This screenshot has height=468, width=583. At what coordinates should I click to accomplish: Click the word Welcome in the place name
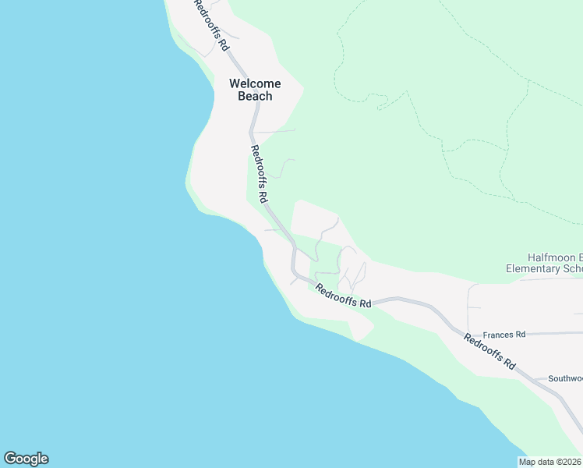click(254, 83)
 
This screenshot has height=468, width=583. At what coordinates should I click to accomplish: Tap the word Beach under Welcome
click(255, 96)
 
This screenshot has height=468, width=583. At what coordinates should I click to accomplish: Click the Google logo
click(26, 459)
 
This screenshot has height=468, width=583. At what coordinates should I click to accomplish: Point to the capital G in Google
click(10, 459)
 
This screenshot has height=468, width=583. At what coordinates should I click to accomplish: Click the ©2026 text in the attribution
click(568, 462)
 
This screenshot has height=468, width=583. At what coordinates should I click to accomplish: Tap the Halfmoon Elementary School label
click(544, 263)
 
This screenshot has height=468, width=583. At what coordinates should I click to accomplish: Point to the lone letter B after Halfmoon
click(578, 257)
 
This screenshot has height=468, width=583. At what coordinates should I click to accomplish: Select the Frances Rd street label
click(504, 334)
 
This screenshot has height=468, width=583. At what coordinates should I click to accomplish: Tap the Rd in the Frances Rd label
click(520, 334)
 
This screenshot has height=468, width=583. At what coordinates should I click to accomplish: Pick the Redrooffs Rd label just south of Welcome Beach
click(260, 174)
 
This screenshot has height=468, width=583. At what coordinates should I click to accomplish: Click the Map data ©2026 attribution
click(550, 462)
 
